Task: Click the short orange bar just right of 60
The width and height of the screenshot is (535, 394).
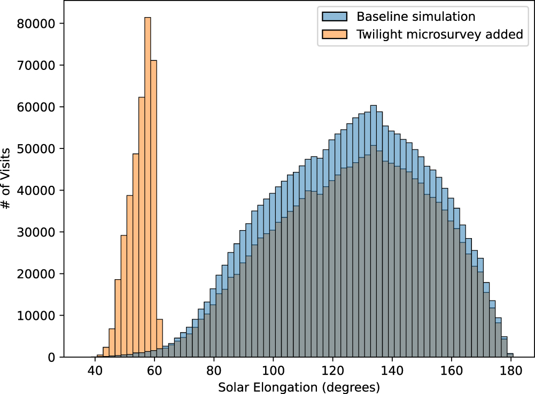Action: pos(159,338)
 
